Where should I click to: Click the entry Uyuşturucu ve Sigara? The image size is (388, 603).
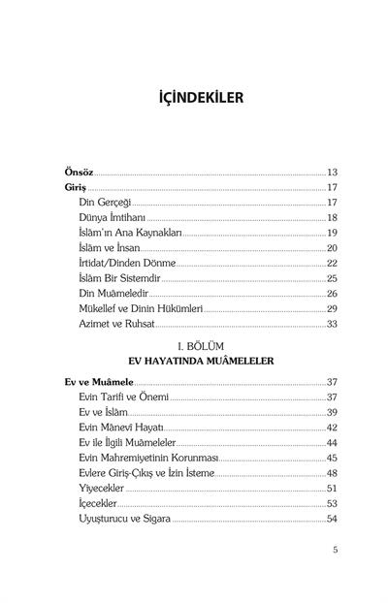(131, 519)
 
